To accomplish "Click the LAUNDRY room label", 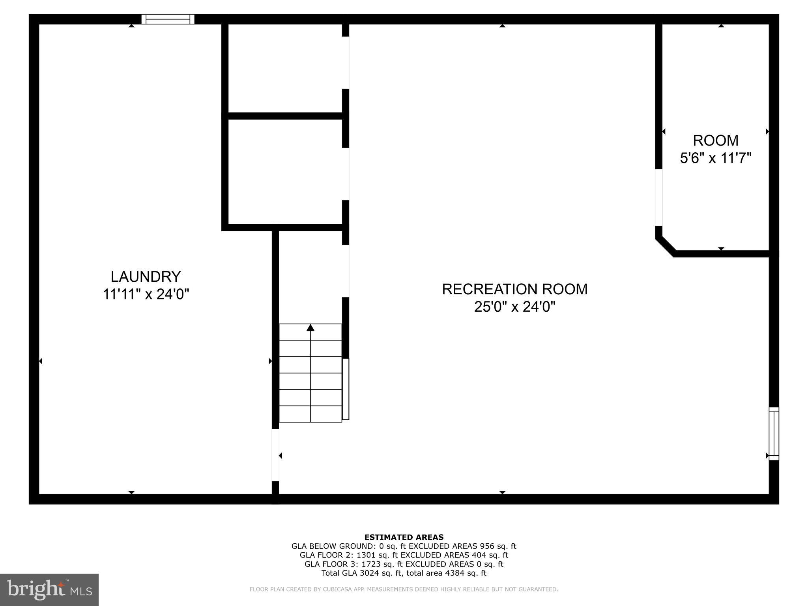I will coord(146,277).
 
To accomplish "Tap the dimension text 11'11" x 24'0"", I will coord(146,294).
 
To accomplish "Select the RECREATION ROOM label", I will coord(514,289).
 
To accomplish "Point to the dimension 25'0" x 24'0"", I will coord(514,307).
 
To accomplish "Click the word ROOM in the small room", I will coord(715,140).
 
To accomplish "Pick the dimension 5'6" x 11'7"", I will coord(715,158).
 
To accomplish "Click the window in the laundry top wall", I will coord(168,19).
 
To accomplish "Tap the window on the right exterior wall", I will coord(774,433).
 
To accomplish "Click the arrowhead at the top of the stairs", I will coord(310,328).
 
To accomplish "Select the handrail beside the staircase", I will coord(346,389).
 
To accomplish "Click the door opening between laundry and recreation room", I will coord(275,455).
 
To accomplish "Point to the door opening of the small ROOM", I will coord(658,198).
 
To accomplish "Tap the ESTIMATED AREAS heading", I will coord(404,537).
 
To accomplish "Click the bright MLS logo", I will coord(49,589).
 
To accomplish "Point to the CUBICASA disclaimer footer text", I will coord(404,589).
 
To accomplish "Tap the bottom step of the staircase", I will coord(310,414).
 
